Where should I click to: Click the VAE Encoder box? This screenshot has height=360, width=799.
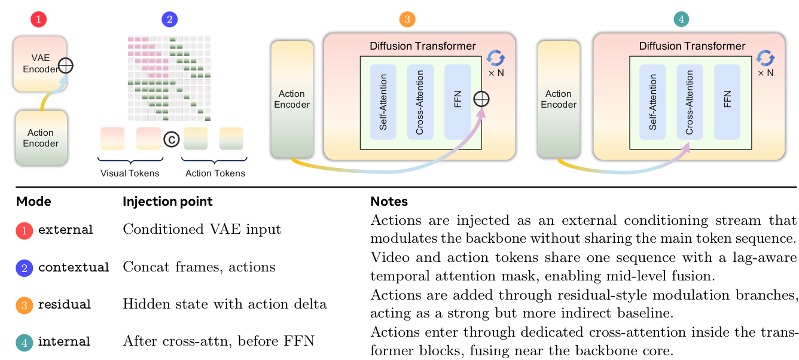pos(39,63)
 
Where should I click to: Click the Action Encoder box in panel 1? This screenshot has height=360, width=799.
pos(41,138)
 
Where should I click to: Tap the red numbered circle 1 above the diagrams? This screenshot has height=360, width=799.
pos(38,19)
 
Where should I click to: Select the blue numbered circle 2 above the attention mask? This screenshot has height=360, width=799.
pos(170,19)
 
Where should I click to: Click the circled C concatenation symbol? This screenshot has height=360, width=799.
pos(172,139)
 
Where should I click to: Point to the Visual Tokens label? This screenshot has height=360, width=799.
pos(130,173)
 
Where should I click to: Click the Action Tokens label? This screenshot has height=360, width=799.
pos(215,173)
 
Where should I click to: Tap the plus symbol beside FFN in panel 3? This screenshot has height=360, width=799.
pos(481,99)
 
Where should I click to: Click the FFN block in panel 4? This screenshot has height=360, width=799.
pos(727,102)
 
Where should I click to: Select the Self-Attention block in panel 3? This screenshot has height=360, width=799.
pos(383,102)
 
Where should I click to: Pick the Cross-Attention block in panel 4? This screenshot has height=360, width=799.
pos(690,102)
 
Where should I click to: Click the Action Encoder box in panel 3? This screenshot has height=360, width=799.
pos(292,99)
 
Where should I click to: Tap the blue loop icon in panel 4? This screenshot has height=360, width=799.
pos(765,58)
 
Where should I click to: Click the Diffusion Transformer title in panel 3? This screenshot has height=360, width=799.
pos(423,46)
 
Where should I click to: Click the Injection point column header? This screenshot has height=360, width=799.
pos(167,202)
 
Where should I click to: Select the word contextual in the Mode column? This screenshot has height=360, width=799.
pos(74,267)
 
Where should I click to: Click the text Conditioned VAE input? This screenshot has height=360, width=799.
pos(202,230)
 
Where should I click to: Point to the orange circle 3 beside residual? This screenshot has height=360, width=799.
pos(24,304)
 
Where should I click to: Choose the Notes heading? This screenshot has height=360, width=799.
pos(389,202)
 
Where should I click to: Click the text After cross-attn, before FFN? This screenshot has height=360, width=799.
pos(218,341)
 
